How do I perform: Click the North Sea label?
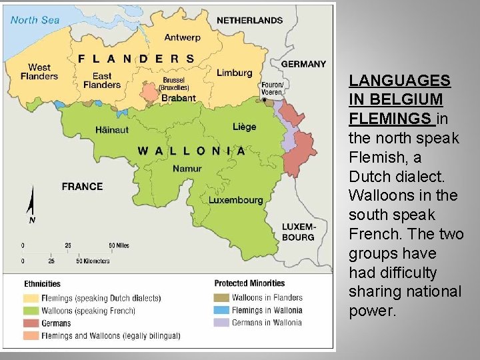[35, 20]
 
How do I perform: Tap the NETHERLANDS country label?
[249, 21]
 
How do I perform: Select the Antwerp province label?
[182, 37]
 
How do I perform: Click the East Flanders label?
[102, 80]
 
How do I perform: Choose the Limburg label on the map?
[234, 73]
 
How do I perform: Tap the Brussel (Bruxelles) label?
[175, 84]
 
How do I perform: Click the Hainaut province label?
[112, 129]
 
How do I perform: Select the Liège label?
[244, 127]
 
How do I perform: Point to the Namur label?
[187, 169]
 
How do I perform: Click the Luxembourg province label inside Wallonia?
[235, 200]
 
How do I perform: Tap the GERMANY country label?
[303, 64]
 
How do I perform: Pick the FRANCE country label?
[82, 187]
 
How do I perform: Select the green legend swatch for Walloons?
[31, 311]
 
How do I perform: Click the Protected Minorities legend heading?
[249, 283]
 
